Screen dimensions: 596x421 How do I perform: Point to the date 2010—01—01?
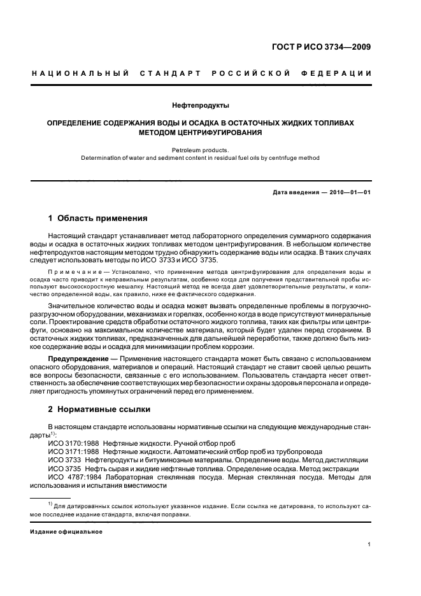pyautogui.click(x=349, y=192)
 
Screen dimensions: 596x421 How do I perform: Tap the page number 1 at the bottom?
pyautogui.click(x=369, y=544)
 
